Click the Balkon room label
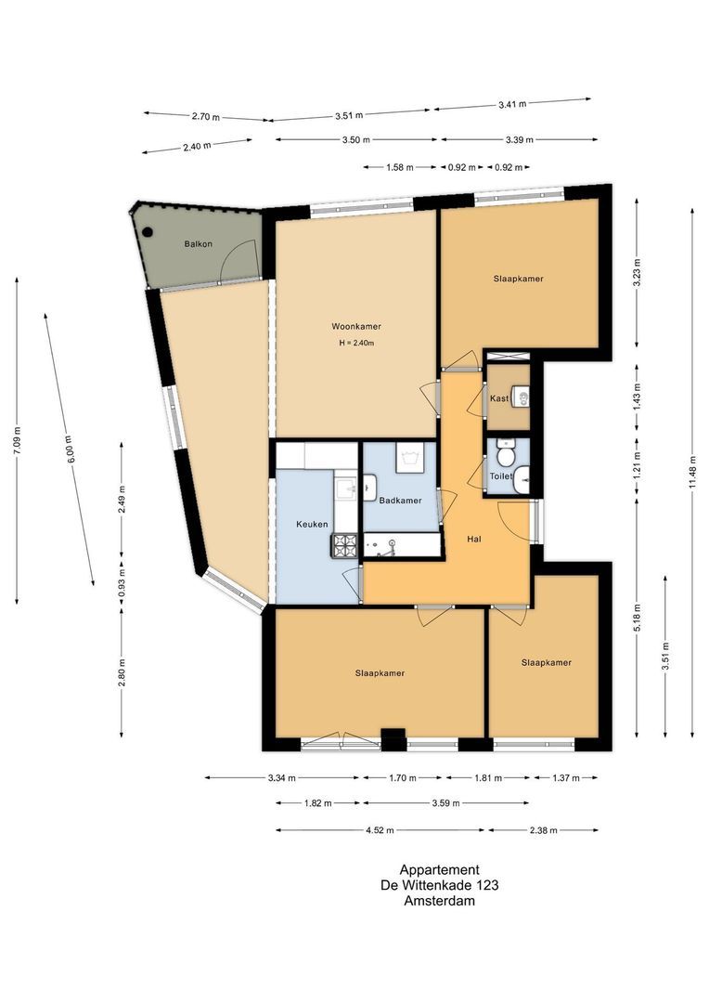(x=198, y=244)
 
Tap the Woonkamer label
(x=356, y=326)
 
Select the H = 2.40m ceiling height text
(x=356, y=343)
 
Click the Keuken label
(x=312, y=524)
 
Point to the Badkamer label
(x=400, y=501)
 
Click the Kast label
(x=499, y=398)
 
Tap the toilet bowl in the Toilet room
(x=506, y=455)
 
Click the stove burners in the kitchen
(x=346, y=545)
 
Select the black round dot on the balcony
(x=147, y=233)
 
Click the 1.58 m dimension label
(x=399, y=168)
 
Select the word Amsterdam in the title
(x=440, y=900)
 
